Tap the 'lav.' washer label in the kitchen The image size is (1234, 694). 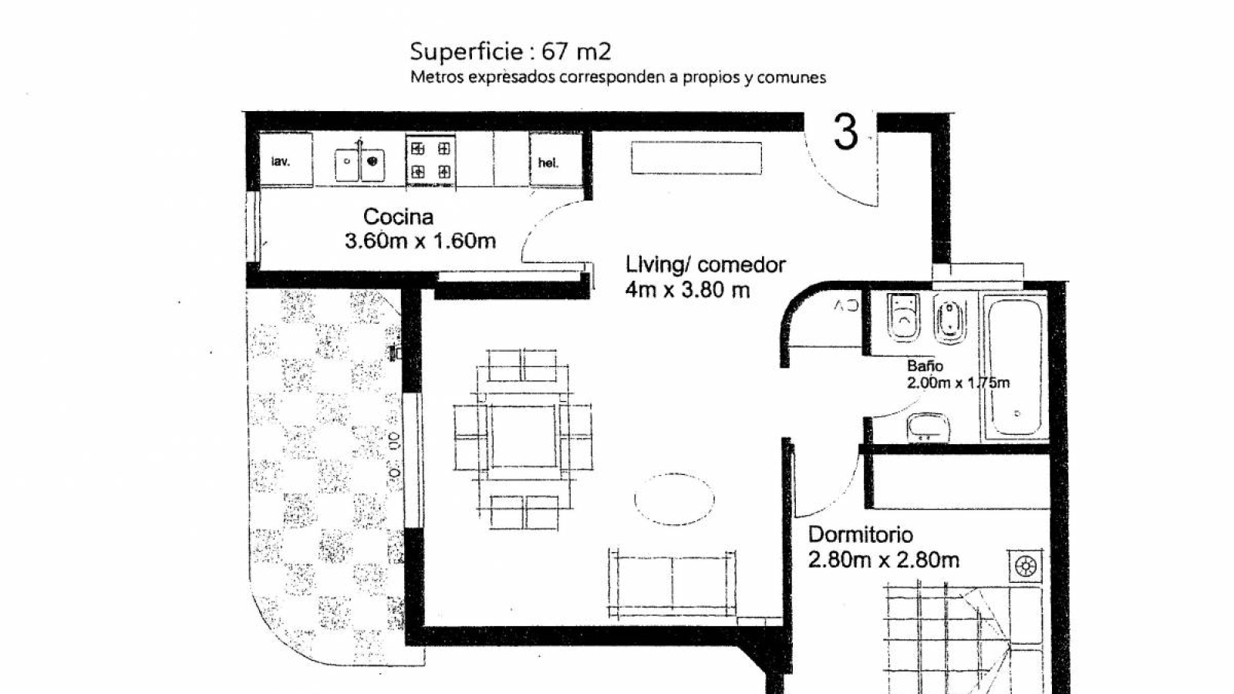(x=281, y=161)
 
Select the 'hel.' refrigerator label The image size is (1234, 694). (x=548, y=163)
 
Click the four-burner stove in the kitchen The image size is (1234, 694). (x=431, y=160)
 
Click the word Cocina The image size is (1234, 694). (x=398, y=217)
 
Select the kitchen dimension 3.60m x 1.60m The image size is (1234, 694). (x=420, y=241)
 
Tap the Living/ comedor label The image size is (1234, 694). (x=706, y=265)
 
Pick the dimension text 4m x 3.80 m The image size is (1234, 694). (x=687, y=290)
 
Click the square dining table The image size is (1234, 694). (x=524, y=436)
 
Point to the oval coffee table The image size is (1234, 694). (x=674, y=499)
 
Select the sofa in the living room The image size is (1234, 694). (x=672, y=584)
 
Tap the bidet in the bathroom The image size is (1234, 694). (x=949, y=320)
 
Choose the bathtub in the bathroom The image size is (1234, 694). (x=1015, y=367)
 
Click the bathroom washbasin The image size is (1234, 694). (x=929, y=427)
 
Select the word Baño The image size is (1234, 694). (x=925, y=366)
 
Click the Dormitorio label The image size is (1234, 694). (x=861, y=535)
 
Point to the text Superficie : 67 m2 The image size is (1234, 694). (x=511, y=52)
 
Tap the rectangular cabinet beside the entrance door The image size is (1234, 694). (x=697, y=158)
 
